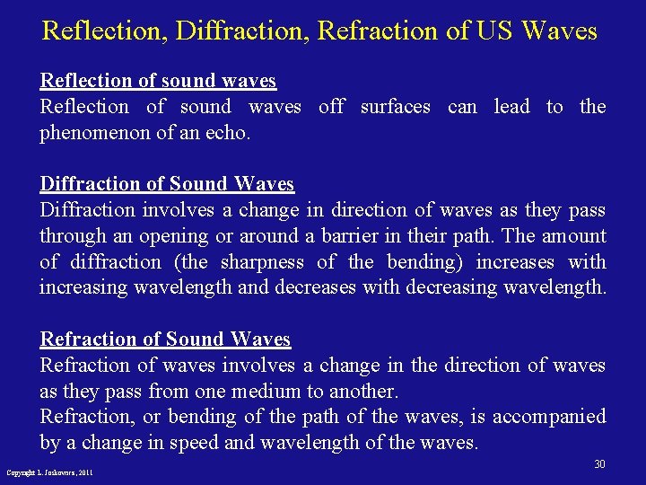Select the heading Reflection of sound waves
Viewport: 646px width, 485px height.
tap(158, 81)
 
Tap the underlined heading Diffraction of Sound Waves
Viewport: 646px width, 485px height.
tap(167, 184)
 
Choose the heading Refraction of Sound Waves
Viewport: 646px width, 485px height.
tap(165, 339)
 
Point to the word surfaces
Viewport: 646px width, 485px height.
tap(395, 107)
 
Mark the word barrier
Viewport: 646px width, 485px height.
tap(353, 236)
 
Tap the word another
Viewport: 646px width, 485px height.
tap(362, 392)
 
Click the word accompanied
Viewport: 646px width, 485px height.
tap(549, 417)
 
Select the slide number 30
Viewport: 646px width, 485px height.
tap(599, 464)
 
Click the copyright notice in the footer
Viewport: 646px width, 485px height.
tap(50, 472)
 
